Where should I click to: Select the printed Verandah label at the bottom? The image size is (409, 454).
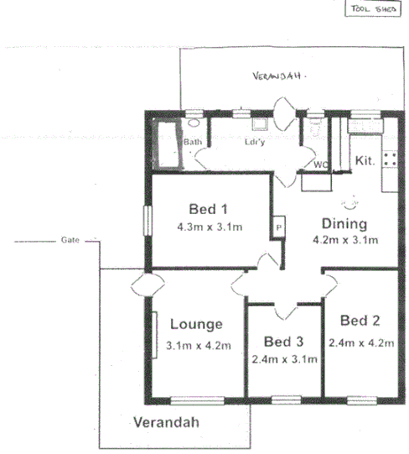167,422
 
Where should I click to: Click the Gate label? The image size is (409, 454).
70,240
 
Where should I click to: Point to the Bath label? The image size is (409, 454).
193,143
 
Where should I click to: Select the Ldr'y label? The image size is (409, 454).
254,143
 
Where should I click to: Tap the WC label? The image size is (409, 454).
320,164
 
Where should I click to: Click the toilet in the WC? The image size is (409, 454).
315,128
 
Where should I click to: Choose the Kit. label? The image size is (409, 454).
365,159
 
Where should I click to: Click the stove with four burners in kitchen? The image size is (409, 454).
390,157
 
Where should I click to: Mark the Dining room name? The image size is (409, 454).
345,224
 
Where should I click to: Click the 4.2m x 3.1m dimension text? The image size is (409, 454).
345,240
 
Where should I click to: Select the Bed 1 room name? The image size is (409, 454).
208,209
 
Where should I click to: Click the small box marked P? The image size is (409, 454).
277,227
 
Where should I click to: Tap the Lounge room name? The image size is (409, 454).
195,325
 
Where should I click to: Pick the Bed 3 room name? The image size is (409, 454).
283,342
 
